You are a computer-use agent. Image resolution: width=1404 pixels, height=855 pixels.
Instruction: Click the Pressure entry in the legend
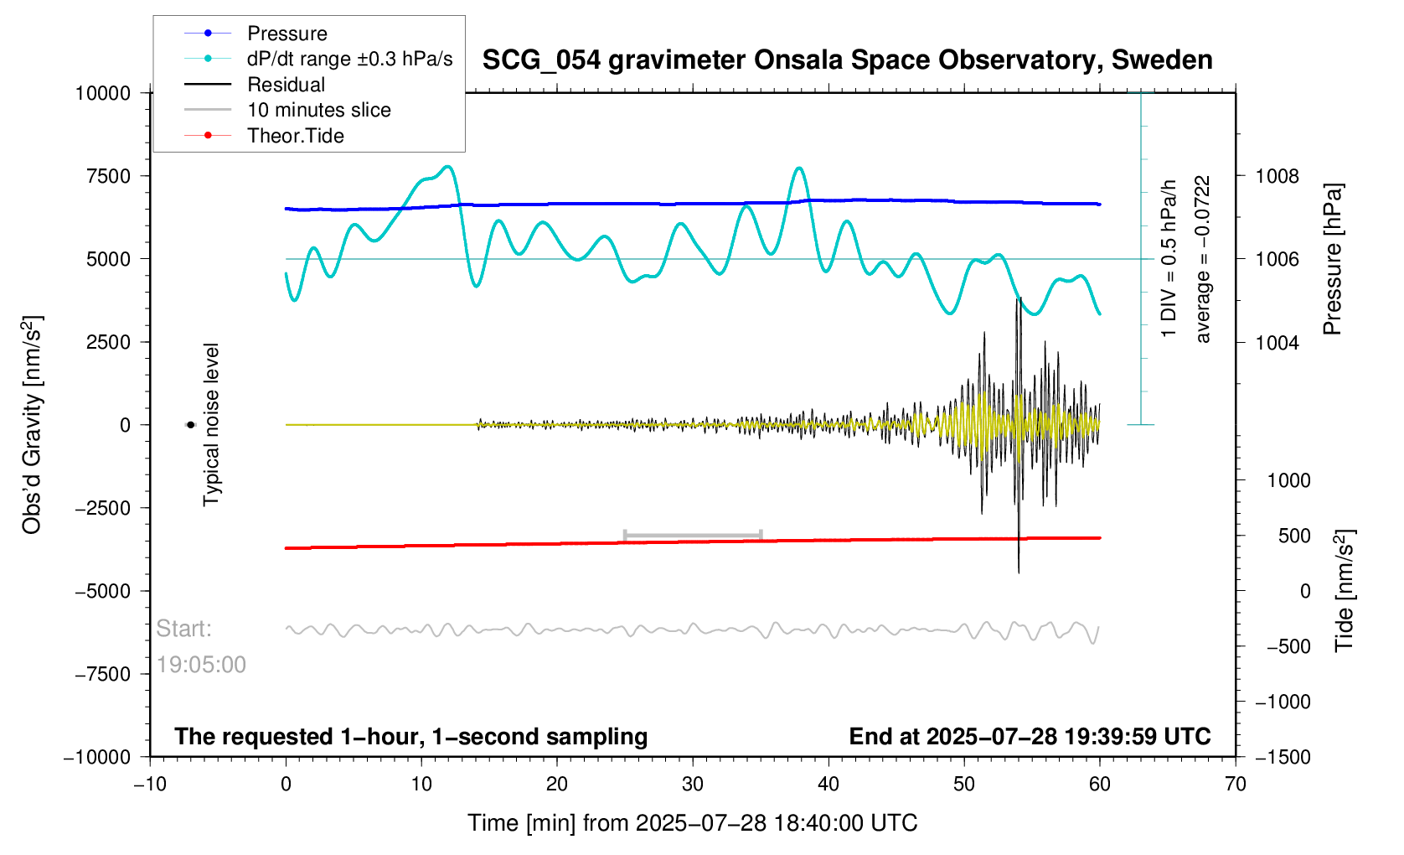(286, 34)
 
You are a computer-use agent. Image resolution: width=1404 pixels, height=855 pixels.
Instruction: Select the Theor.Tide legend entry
(295, 136)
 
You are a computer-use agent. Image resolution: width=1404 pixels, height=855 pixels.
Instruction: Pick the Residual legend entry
(286, 85)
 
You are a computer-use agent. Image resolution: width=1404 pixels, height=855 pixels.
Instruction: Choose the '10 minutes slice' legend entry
(318, 110)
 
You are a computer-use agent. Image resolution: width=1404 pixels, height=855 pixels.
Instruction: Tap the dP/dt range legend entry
(349, 59)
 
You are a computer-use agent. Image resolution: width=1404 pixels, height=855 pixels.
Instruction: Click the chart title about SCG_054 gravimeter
(847, 60)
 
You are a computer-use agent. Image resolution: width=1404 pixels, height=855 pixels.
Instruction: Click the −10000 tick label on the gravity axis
(98, 757)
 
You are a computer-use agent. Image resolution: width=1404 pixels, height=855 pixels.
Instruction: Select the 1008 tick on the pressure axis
(1277, 176)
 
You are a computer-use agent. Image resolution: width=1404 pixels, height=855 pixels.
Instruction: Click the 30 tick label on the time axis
(693, 785)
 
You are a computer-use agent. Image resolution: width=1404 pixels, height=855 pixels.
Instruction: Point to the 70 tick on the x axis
(1235, 785)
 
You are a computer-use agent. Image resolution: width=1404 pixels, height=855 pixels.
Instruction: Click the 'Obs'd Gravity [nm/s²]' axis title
(32, 425)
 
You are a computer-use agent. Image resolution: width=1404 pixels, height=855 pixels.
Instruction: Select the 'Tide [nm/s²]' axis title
(1345, 591)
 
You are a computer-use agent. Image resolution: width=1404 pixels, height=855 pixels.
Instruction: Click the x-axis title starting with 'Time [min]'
(692, 823)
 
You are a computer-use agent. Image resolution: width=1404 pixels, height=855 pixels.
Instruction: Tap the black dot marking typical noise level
(191, 425)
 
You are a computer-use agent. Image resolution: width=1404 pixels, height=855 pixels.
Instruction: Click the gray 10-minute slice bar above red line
(693, 535)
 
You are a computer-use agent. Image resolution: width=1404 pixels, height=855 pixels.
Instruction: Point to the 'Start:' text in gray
(184, 629)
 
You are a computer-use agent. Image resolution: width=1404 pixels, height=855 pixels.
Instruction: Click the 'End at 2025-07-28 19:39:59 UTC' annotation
(1030, 737)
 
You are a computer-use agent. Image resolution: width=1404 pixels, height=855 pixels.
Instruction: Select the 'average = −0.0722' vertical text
(1203, 259)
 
